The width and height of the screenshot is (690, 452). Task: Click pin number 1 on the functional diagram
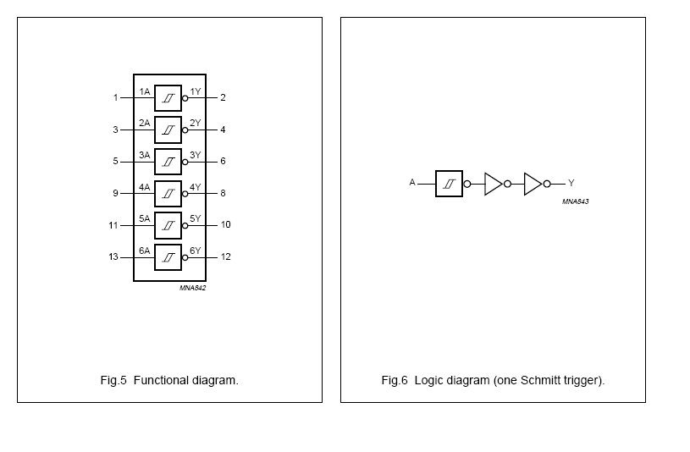[115, 97]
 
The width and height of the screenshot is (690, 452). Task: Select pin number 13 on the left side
[113, 256]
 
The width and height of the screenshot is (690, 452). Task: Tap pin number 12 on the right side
[225, 256]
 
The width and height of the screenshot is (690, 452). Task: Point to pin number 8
[223, 193]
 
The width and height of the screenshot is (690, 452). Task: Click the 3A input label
[145, 155]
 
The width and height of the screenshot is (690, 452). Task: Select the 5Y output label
[196, 218]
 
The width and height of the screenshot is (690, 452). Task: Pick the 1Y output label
[196, 91]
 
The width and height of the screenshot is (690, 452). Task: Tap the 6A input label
[145, 251]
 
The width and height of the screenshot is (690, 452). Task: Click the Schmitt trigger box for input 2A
[168, 130]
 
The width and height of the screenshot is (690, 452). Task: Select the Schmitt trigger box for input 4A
[168, 193]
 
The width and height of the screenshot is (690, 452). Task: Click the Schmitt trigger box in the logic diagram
[449, 183]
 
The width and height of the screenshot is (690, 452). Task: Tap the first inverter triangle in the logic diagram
[494, 184]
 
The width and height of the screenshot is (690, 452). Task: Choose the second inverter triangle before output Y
[533, 184]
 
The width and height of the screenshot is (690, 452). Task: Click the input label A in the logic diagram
[412, 182]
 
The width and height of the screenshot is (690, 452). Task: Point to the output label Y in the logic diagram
[571, 183]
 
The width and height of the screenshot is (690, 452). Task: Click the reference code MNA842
[192, 288]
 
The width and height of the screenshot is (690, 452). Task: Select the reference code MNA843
[575, 201]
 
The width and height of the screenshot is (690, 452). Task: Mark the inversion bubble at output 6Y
[185, 257]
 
